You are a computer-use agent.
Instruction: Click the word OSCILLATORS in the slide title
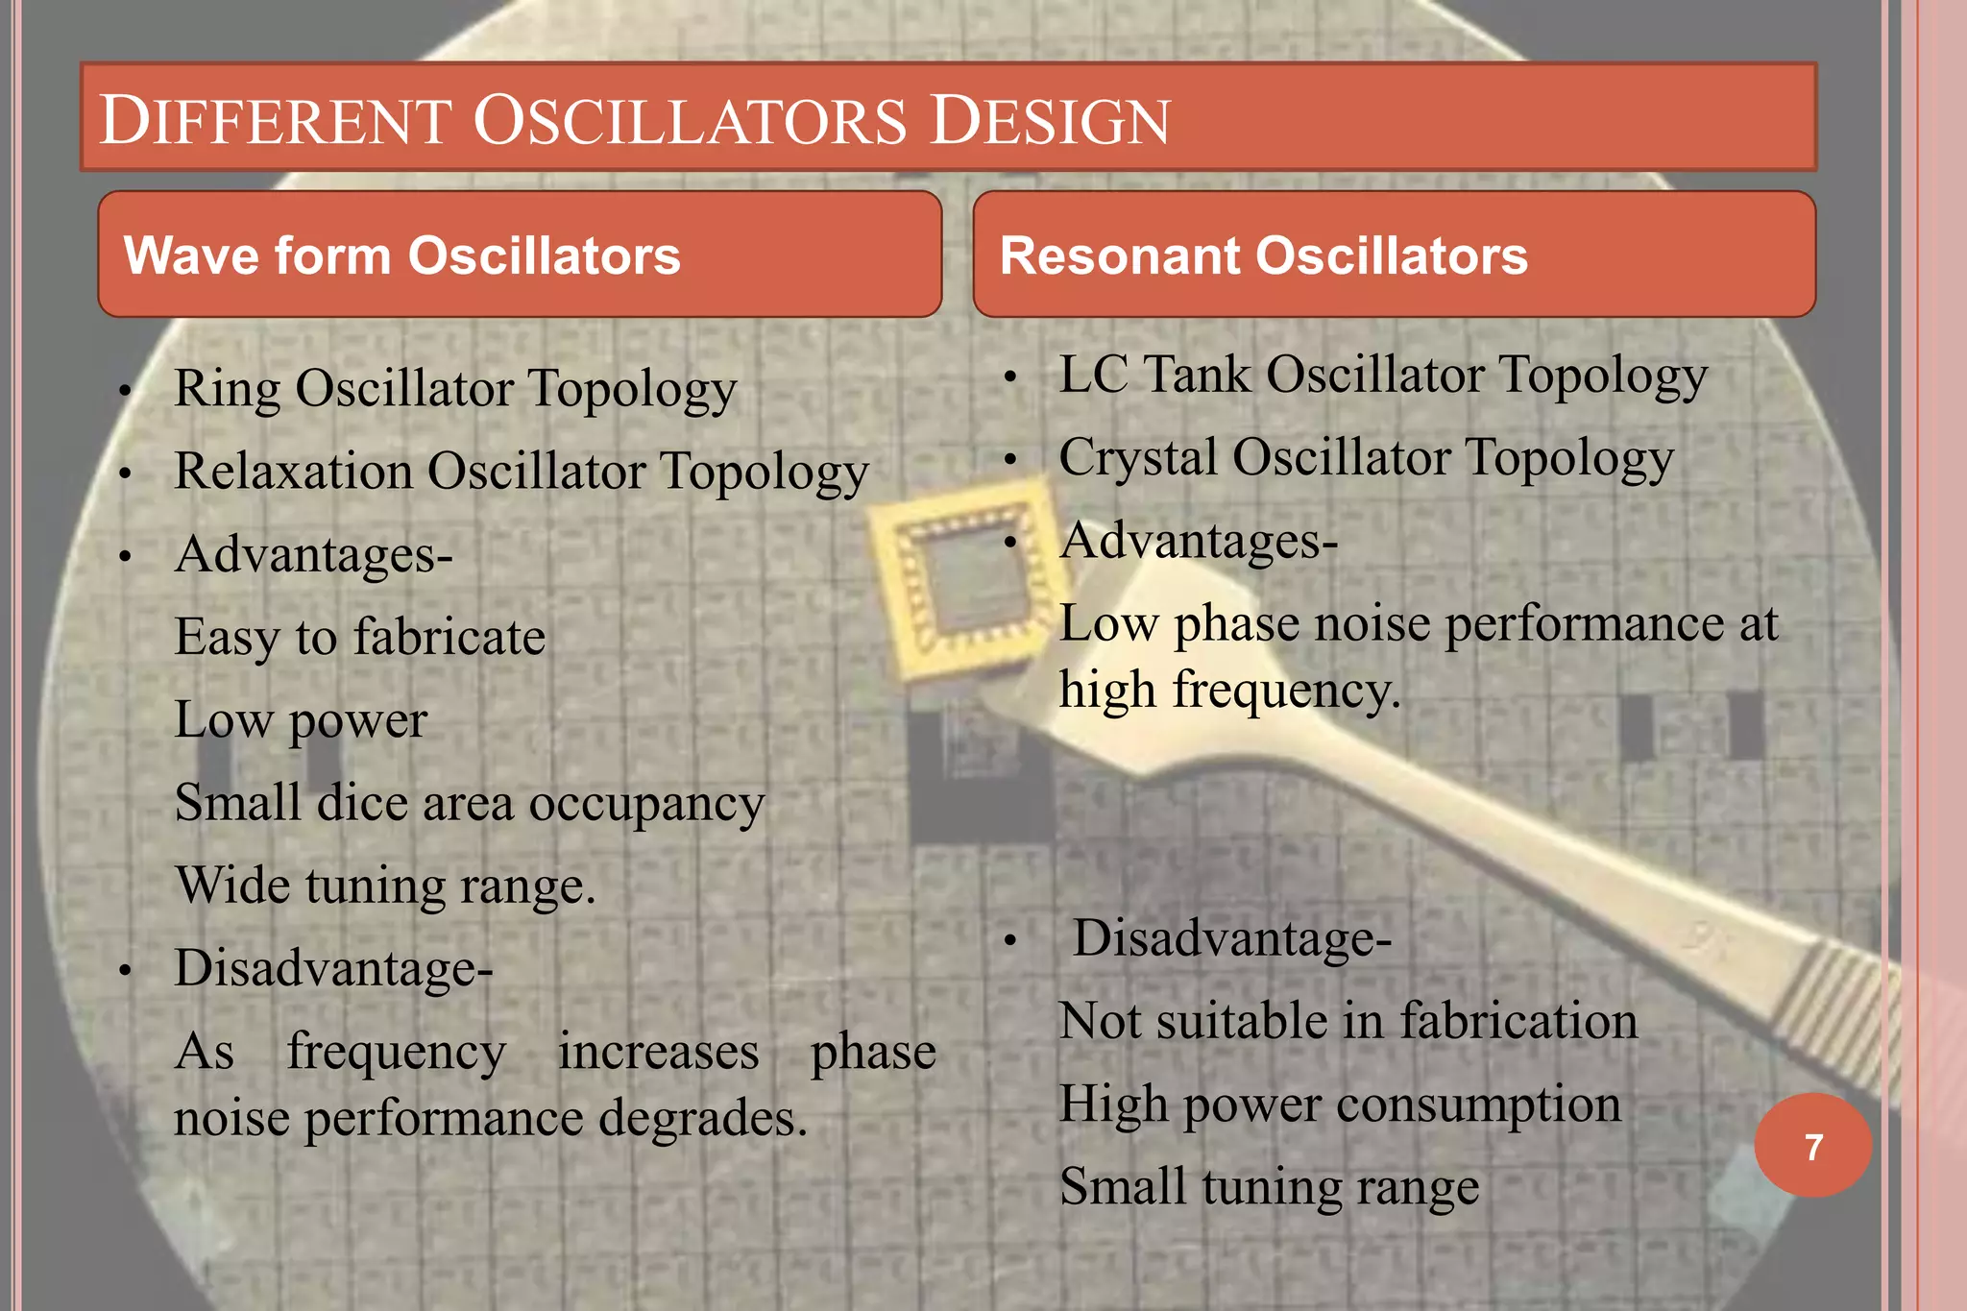pos(689,121)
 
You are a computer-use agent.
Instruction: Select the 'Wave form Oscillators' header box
pos(520,255)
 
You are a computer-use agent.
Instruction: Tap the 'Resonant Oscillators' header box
pos(1394,255)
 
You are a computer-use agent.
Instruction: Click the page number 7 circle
pos(1812,1146)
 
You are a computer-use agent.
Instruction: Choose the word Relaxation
pos(293,473)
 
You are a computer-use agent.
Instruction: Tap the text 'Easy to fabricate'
pos(359,638)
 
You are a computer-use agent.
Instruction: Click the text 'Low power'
pos(300,720)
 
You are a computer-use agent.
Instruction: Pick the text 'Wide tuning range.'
pos(385,886)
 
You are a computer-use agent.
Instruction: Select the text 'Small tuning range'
pos(1268,1187)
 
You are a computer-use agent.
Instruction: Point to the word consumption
pos(1478,1105)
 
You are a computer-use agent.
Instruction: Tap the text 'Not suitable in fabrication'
pos(1348,1021)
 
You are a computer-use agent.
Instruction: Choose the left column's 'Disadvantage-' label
pos(333,968)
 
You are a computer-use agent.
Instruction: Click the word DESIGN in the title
pos(1050,121)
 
